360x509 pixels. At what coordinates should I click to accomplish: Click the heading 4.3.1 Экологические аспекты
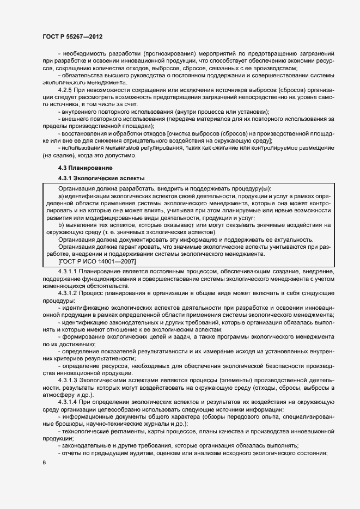coord(101,178)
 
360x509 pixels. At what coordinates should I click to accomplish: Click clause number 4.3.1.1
coord(68,271)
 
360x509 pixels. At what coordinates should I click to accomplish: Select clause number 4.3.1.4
coord(68,401)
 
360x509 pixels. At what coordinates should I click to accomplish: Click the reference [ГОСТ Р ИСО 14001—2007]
coord(97,262)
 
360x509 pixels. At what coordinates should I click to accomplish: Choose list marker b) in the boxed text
coord(61,224)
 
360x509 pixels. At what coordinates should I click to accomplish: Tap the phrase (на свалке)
coord(58,155)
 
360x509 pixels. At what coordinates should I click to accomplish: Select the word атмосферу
coord(60,394)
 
